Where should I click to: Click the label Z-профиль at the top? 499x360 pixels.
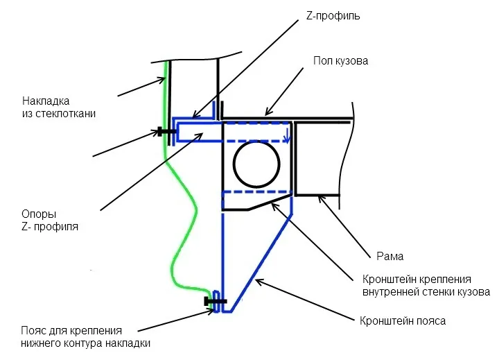pos(333,16)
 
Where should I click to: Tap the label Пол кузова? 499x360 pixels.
pos(341,61)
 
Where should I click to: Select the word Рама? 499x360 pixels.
pos(389,256)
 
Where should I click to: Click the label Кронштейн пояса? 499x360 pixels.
pos(403,320)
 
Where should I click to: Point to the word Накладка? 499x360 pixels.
pos(46,101)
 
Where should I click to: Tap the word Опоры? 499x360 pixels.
pos(39,214)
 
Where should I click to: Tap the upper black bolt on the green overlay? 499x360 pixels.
pos(166,131)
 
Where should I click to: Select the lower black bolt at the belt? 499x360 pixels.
pos(215,301)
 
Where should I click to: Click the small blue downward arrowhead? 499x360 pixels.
pos(288,139)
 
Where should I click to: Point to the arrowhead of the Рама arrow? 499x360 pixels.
pos(320,198)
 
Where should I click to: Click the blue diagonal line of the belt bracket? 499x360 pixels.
pos(261,263)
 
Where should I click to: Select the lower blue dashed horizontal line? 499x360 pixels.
pos(257,191)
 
